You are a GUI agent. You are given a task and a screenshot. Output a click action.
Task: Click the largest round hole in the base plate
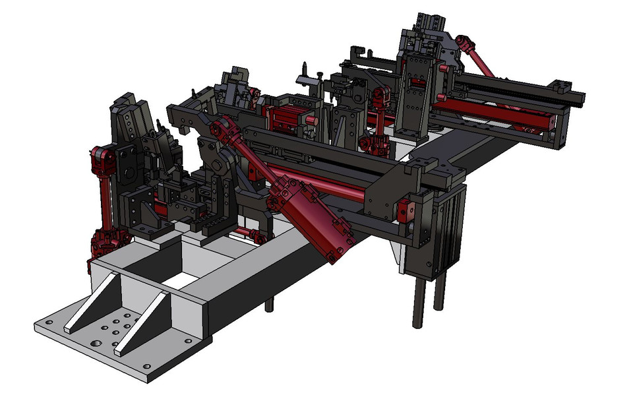(96, 344)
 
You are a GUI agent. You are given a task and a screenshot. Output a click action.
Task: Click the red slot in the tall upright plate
(417, 82)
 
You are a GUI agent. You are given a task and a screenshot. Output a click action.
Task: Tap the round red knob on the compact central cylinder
(308, 119)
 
